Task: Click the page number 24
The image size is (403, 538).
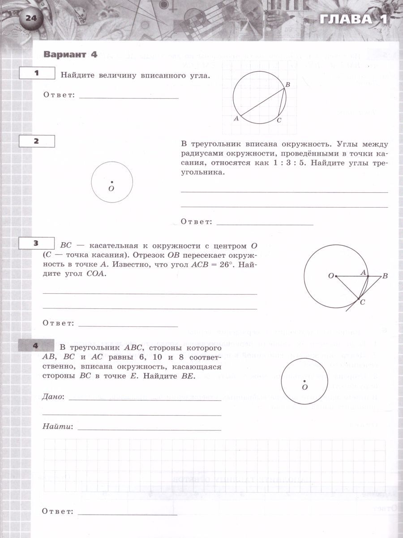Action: [x=30, y=18]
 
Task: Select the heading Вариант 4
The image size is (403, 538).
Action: [x=70, y=54]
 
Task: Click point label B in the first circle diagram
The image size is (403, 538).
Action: [x=288, y=85]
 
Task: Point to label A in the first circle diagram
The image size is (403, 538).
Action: [x=236, y=119]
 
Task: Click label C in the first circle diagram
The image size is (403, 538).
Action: [x=279, y=120]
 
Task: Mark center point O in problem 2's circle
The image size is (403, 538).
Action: [x=111, y=182]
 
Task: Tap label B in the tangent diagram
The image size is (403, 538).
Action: [x=385, y=277]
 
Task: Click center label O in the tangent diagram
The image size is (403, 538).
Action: [x=331, y=276]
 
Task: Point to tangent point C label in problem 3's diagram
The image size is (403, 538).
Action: [x=363, y=303]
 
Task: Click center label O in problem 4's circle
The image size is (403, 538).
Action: [x=304, y=386]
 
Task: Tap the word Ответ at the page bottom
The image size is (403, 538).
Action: [x=57, y=512]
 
